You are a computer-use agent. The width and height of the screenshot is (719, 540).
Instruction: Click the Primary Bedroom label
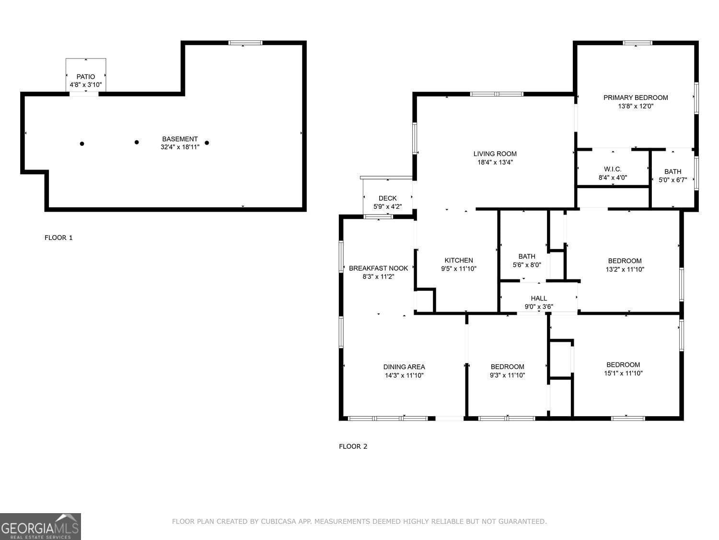(x=635, y=97)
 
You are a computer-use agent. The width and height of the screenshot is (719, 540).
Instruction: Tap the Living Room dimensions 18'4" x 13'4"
(x=495, y=162)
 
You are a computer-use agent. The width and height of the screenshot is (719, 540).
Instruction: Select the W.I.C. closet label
(x=613, y=169)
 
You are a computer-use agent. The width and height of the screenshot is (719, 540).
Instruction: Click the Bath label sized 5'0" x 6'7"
(x=673, y=171)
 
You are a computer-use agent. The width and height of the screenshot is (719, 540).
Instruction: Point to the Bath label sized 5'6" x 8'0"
(x=526, y=256)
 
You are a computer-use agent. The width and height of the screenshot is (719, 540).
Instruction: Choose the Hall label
(x=539, y=298)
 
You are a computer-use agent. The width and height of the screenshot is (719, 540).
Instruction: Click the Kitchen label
(x=458, y=260)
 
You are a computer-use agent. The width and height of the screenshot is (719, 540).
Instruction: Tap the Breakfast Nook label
(x=378, y=268)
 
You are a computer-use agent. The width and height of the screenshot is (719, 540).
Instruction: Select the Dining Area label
(x=404, y=367)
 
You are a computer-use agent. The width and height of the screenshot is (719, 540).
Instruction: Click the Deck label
(x=387, y=198)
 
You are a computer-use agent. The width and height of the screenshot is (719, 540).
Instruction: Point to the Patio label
(x=86, y=76)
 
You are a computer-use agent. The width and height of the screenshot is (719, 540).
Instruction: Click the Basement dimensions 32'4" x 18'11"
(x=180, y=147)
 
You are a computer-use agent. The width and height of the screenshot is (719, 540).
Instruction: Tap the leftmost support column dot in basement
(x=82, y=144)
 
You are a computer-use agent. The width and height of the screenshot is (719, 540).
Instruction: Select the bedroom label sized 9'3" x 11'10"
(x=507, y=367)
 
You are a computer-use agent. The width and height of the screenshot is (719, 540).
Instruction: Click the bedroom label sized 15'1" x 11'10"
(x=623, y=365)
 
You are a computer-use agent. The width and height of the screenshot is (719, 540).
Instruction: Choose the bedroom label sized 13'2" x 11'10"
(x=625, y=261)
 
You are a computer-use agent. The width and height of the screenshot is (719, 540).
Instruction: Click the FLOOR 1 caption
(x=58, y=238)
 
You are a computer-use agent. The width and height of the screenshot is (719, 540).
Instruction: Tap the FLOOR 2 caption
(x=353, y=446)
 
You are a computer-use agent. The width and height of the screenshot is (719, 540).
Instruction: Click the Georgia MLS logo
(x=40, y=527)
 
